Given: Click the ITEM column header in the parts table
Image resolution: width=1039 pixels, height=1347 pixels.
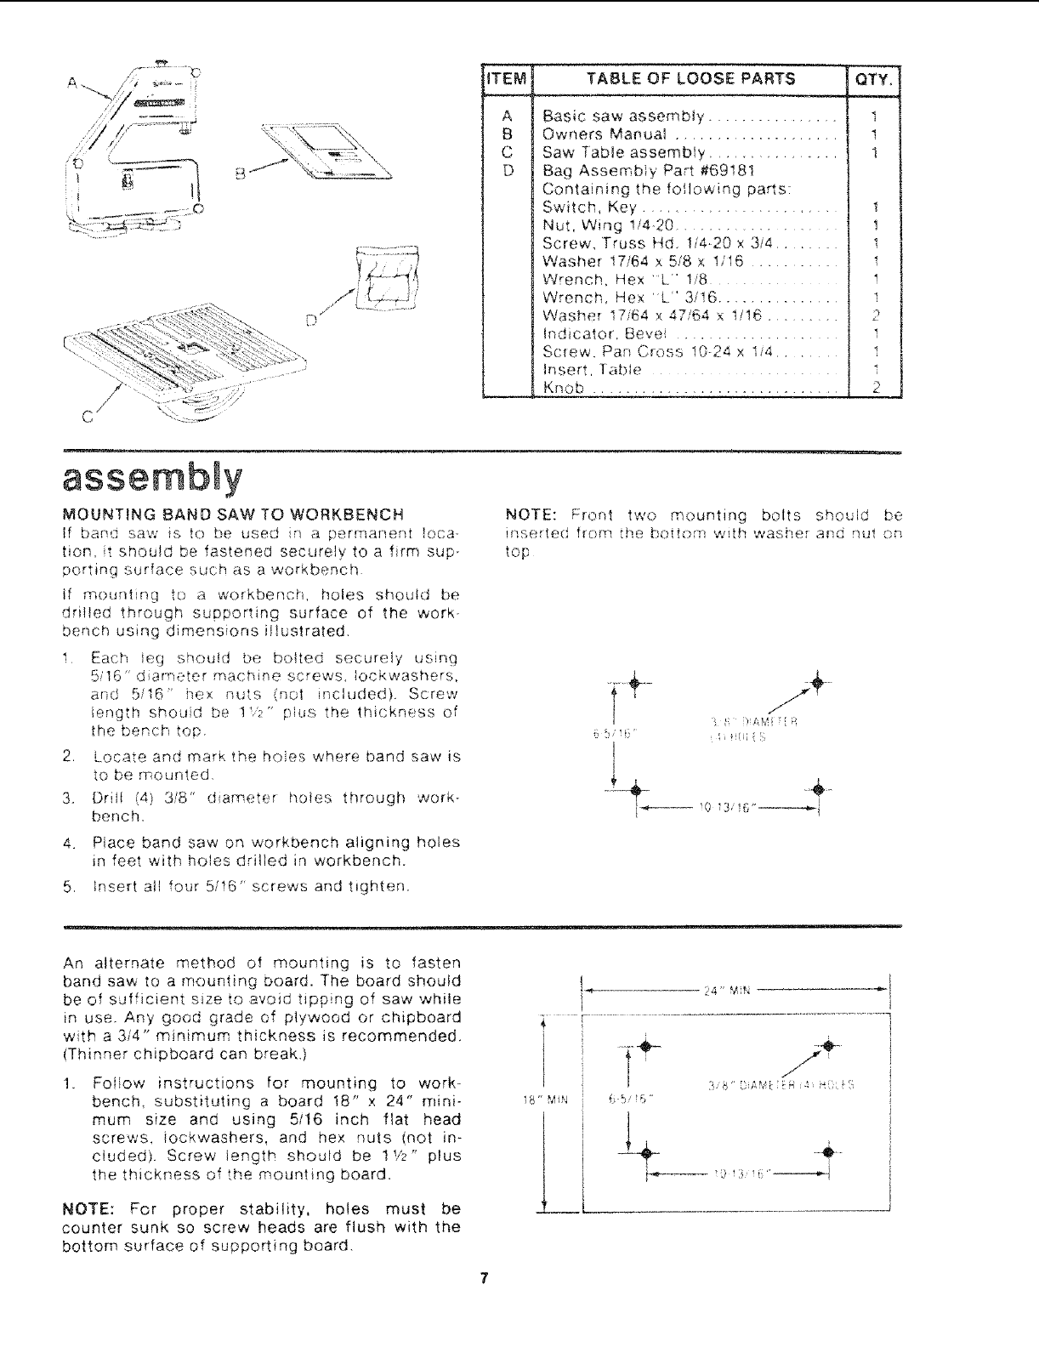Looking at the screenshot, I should tap(506, 79).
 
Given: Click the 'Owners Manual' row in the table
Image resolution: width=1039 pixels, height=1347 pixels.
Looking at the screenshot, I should tap(604, 134).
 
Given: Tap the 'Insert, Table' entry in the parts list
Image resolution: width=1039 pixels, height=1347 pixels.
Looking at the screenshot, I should tap(592, 370).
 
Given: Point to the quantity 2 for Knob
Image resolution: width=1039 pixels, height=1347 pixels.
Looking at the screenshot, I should tap(875, 389).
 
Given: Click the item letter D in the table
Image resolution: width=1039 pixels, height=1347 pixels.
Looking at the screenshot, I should tap(506, 170).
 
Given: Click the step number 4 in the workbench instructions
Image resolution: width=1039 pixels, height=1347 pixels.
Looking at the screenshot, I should tap(67, 843).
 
